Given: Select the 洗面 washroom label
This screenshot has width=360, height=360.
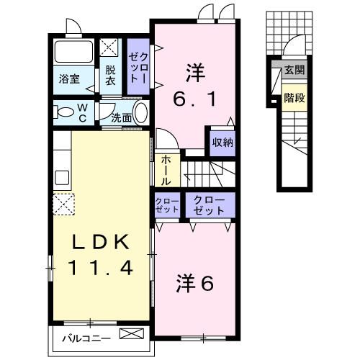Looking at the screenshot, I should point(122,117).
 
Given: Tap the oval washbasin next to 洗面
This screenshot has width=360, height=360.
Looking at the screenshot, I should point(140,114).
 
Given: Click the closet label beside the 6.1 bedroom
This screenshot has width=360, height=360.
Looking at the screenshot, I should point(138,66).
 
